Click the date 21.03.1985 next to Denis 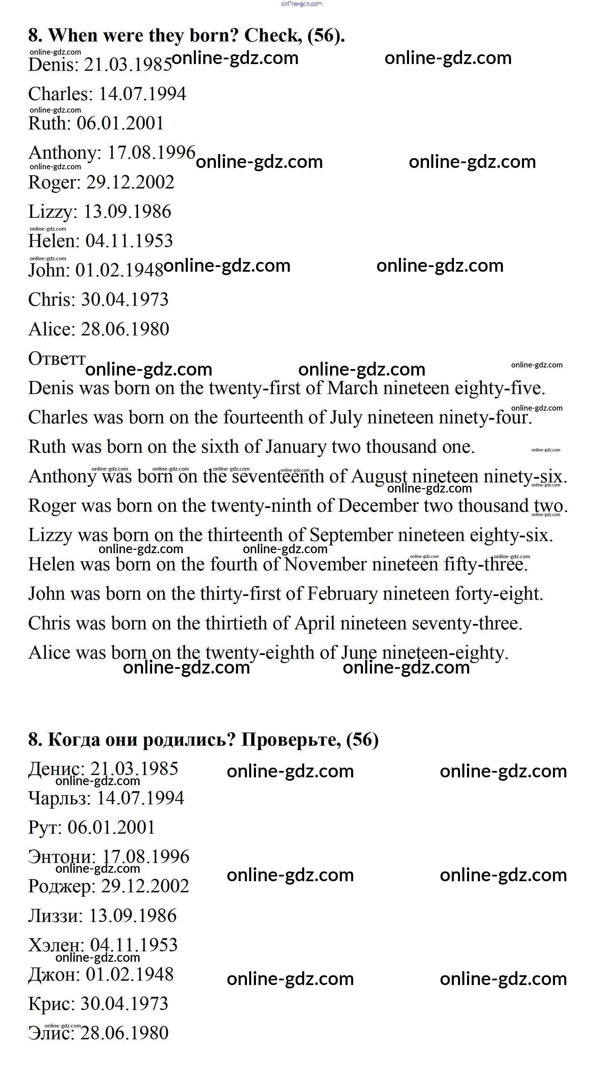[x=127, y=65]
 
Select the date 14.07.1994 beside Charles [x=142, y=94]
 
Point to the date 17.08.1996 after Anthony [x=151, y=153]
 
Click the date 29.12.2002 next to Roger [x=130, y=182]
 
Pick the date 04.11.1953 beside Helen [x=129, y=241]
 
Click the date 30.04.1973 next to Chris [x=124, y=300]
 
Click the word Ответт [x=57, y=358]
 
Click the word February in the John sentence [x=342, y=594]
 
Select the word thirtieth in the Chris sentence [x=241, y=623]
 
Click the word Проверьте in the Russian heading [x=291, y=740]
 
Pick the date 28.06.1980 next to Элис [x=124, y=1033]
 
